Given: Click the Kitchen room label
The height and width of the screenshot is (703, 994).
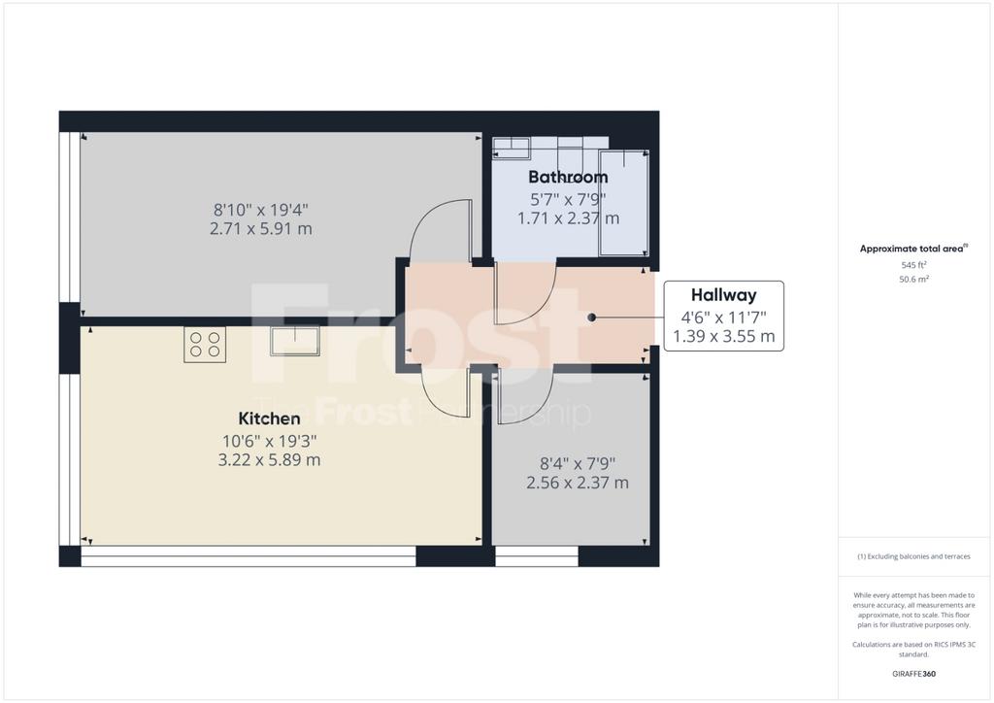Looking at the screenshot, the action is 270,418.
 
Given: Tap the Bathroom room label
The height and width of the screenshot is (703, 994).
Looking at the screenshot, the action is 568,177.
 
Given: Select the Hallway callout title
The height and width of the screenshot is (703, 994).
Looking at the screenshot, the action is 724,295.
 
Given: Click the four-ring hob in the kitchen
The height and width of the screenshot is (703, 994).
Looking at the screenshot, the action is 205,345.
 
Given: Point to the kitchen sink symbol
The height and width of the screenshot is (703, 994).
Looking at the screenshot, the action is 295,341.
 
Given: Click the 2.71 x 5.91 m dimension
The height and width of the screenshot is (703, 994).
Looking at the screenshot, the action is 261,229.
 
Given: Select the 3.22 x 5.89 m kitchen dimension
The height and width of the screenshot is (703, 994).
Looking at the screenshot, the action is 270,459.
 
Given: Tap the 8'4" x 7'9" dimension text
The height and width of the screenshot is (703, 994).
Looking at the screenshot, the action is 578,464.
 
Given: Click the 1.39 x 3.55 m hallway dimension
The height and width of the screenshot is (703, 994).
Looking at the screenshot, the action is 724,336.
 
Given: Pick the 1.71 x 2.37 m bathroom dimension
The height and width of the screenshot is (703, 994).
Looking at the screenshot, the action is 569,218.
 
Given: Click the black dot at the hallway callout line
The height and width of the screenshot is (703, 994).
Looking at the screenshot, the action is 591,317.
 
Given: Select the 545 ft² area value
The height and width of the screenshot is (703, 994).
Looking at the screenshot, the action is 914,265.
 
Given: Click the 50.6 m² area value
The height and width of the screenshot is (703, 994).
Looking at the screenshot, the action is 914,279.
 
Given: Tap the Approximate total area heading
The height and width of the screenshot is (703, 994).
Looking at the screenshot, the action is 913,249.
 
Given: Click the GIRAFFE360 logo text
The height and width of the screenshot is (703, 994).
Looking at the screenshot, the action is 913,674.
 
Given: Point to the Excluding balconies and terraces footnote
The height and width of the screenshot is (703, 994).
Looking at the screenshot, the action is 913,556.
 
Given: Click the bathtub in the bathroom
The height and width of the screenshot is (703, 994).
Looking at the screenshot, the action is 624,202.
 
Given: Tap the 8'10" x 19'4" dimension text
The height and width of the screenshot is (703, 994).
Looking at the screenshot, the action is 261,210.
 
